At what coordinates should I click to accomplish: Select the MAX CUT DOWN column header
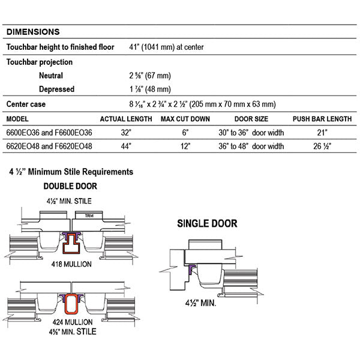185,119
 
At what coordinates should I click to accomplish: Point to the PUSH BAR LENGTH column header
322,119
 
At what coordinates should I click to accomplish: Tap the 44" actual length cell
126,146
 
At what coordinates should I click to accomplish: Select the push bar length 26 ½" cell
322,146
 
